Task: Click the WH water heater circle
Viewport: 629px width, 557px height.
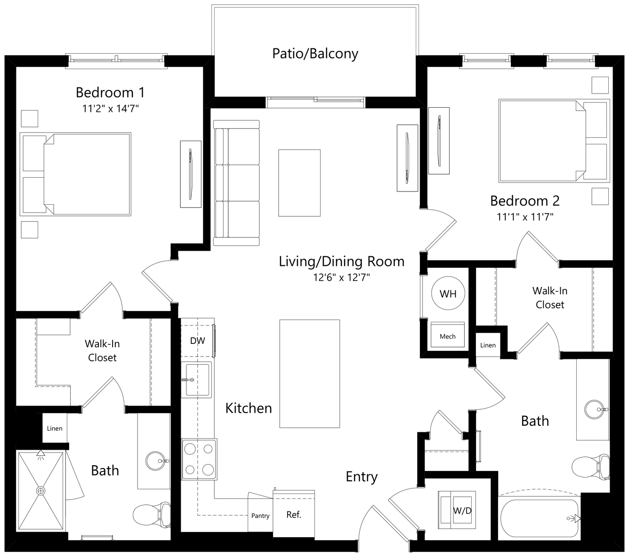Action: click(448, 293)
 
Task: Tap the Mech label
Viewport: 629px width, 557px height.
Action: click(447, 336)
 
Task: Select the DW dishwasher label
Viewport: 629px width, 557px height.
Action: click(197, 341)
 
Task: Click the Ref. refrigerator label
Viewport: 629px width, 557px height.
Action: click(294, 515)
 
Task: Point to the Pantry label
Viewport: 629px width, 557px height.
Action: click(260, 516)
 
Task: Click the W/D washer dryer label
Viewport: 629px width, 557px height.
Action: click(462, 510)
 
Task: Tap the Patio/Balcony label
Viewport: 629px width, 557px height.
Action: click(315, 54)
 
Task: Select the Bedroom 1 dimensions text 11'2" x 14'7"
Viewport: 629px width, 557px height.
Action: click(110, 109)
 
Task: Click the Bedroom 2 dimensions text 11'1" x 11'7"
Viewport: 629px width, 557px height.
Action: click(525, 216)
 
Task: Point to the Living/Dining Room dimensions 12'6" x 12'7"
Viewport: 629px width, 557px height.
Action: click(341, 277)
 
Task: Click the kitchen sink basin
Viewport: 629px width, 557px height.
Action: click(197, 380)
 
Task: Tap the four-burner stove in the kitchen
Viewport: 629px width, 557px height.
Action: click(199, 459)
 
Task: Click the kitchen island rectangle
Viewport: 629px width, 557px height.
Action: click(309, 374)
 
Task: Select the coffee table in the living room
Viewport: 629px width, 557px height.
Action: click(299, 183)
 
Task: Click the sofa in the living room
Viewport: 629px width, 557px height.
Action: click(236, 183)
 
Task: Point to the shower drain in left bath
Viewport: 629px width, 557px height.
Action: click(40, 491)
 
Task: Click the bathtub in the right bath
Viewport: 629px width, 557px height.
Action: click(540, 518)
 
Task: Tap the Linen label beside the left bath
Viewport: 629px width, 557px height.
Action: click(55, 428)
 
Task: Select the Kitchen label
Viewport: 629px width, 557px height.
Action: click(249, 408)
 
